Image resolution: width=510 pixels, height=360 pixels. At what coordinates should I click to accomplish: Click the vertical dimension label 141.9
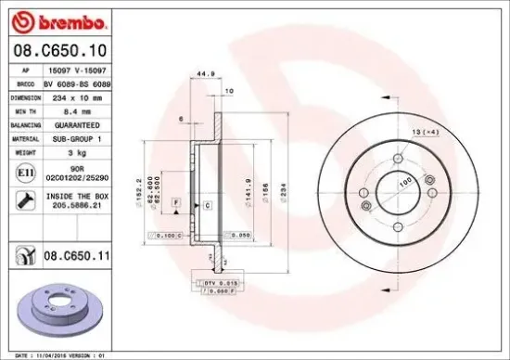(249, 190)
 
